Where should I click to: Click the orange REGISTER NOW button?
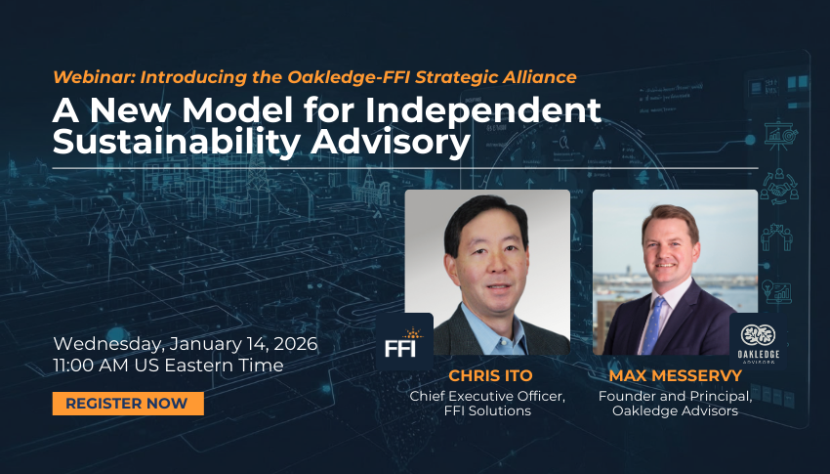click(128, 404)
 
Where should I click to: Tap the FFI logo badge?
click(404, 340)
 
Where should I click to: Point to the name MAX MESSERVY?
click(675, 376)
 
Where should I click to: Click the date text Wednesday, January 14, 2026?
click(186, 344)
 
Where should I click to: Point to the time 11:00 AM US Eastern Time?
click(168, 366)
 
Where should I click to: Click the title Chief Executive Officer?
click(487, 395)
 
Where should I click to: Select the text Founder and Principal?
click(675, 395)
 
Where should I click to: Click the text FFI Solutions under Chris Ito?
click(487, 411)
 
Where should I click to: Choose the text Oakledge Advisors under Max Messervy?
click(675, 411)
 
